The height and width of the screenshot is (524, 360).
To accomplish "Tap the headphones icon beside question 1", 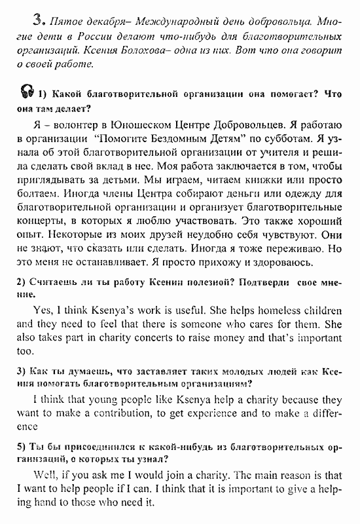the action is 27,92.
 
